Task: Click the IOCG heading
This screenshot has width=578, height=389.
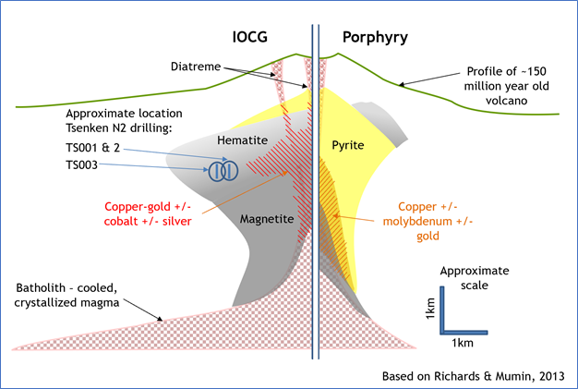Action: pyautogui.click(x=249, y=37)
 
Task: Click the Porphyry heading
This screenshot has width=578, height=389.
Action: pyautogui.click(x=375, y=38)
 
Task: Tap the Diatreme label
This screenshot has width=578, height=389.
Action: pyautogui.click(x=196, y=67)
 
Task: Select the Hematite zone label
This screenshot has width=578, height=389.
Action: pyautogui.click(x=242, y=140)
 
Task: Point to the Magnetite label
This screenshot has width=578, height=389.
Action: pyautogui.click(x=267, y=219)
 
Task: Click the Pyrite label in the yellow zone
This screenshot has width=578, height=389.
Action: pyautogui.click(x=347, y=145)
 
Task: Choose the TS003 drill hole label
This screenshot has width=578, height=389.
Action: pyautogui.click(x=81, y=164)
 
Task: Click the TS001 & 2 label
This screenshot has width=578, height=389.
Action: pyautogui.click(x=93, y=148)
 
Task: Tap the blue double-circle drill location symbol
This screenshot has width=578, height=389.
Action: pyautogui.click(x=223, y=171)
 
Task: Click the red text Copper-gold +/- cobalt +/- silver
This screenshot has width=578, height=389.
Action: pyautogui.click(x=148, y=213)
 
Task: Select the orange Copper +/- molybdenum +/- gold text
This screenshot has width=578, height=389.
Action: pyautogui.click(x=427, y=221)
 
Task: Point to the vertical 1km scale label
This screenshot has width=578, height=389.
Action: pyautogui.click(x=430, y=309)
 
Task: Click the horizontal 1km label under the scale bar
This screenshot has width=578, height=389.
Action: pyautogui.click(x=463, y=343)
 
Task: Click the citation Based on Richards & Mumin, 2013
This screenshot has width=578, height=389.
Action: pyautogui.click(x=474, y=376)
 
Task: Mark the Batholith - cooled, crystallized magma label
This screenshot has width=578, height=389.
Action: pyautogui.click(x=66, y=295)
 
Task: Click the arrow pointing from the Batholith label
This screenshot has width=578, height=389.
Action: pyautogui.click(x=143, y=310)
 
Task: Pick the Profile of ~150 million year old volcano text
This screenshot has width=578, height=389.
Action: pyautogui.click(x=507, y=86)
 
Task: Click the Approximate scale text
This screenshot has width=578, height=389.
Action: pyautogui.click(x=475, y=278)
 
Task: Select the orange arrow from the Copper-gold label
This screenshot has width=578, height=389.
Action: pyautogui.click(x=245, y=192)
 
